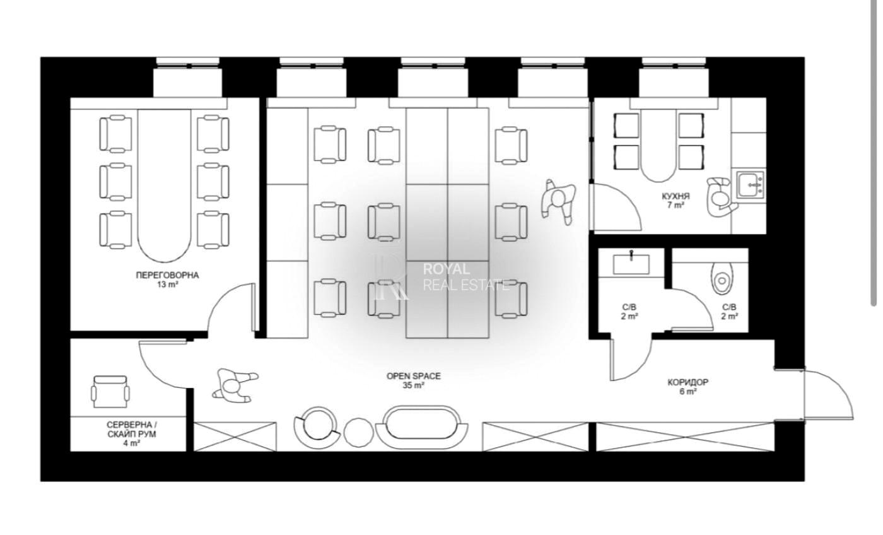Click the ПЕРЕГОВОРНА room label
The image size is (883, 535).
coord(167,275)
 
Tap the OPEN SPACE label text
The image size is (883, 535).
coord(414,376)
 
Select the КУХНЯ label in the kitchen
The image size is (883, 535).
coord(675,196)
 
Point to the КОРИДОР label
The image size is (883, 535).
coord(688,382)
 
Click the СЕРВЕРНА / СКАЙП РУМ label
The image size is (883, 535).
coord(132,430)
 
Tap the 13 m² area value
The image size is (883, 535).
coord(168,285)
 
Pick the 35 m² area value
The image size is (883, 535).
coord(414,385)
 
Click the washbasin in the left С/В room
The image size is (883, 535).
coord(631,263)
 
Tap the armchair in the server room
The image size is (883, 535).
coord(110,392)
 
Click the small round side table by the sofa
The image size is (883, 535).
coord(358,433)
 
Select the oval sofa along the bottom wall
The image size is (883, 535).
coord(422,427)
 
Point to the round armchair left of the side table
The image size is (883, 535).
coord(317,428)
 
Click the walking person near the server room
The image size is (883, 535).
coord(235,385)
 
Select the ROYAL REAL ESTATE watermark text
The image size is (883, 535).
coord(465,277)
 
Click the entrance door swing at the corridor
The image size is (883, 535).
coord(827,394)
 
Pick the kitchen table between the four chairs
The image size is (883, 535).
coord(658,146)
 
